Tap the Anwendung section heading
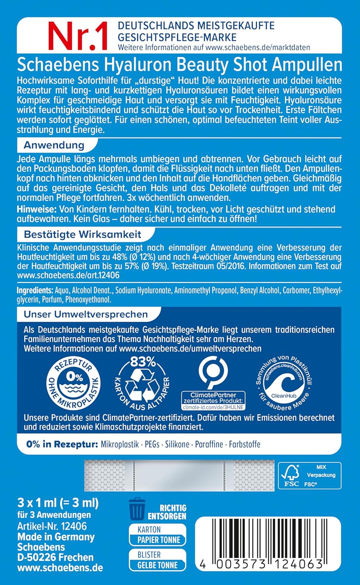pos(54,145)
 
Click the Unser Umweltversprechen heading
pos(86,314)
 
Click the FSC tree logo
pos(289,472)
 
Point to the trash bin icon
pos(136,508)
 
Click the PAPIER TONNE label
pos(159,540)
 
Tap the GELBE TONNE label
pos(157,565)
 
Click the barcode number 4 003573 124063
pos(259,564)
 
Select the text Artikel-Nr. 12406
pos(52,526)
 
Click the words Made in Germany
pos(56,537)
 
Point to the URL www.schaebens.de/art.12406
pos(68,275)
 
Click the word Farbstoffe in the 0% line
pos(245,444)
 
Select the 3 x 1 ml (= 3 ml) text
pos(58,502)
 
